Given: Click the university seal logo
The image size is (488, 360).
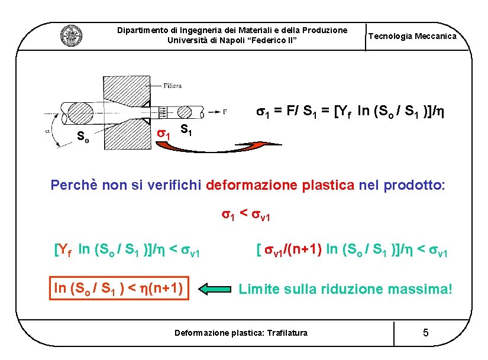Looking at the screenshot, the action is (x=71, y=36).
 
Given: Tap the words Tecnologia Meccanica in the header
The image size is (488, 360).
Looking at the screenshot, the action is (x=412, y=36).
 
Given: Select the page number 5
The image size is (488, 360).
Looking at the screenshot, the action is (x=426, y=333).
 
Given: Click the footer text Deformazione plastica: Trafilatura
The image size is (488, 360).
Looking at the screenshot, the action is (x=241, y=333).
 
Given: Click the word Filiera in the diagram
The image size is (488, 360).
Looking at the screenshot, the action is (x=173, y=85).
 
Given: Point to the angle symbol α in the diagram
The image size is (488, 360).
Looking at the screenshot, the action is (x=48, y=131).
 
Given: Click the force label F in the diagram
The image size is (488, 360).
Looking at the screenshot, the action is (x=225, y=111).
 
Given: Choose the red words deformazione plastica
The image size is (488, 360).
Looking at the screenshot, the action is (x=281, y=185).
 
